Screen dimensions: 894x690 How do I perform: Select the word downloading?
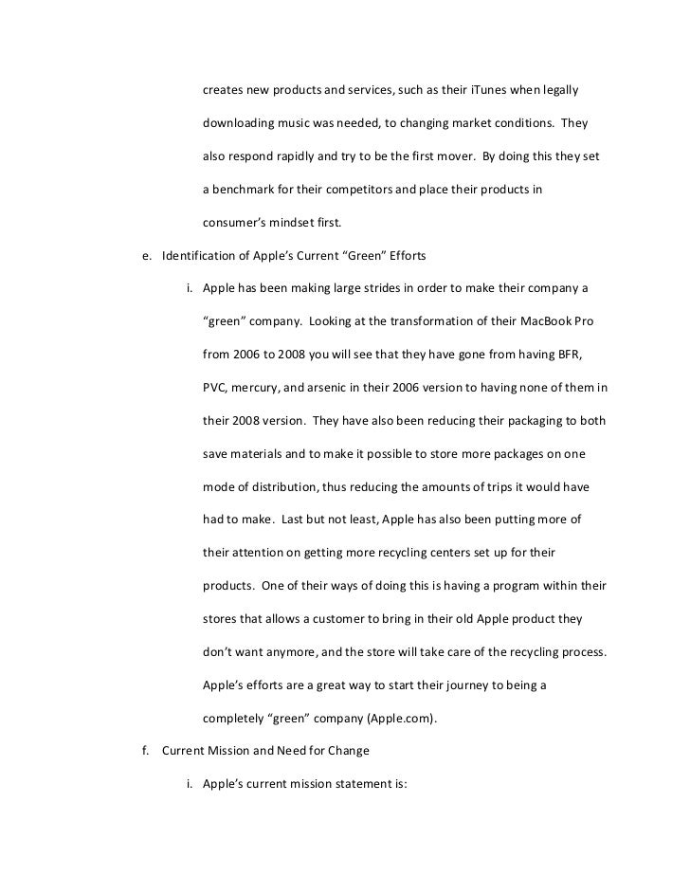[242, 124]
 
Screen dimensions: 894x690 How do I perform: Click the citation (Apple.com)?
[394, 718]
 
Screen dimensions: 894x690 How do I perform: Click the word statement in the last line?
[365, 784]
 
